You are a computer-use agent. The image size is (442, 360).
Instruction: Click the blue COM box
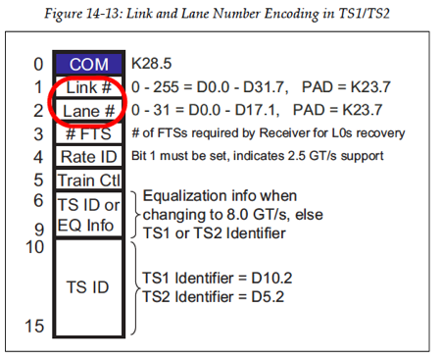click(x=88, y=64)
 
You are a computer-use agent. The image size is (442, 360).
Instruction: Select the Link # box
click(x=88, y=87)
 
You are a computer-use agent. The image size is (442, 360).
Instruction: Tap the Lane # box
click(x=88, y=111)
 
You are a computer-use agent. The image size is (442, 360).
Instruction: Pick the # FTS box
click(x=88, y=133)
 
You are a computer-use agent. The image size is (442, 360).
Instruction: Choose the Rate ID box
click(x=88, y=157)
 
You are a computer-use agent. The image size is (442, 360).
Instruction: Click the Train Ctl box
click(x=88, y=180)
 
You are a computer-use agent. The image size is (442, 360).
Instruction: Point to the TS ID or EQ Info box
click(x=88, y=213)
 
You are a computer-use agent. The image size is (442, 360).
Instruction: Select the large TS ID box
click(x=88, y=287)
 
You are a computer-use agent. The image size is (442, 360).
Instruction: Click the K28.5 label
click(x=153, y=64)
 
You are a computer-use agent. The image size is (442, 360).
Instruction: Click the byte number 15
click(x=34, y=326)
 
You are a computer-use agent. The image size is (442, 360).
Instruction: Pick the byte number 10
click(x=34, y=248)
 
